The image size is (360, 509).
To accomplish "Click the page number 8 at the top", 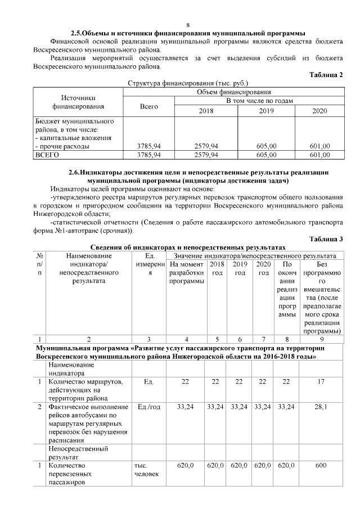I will point(188,25).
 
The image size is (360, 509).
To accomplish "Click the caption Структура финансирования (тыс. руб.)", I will point(185,83).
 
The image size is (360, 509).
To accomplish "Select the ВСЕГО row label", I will point(48,154).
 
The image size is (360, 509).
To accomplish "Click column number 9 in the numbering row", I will point(321,339).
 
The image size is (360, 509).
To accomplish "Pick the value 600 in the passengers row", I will point(321,466).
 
